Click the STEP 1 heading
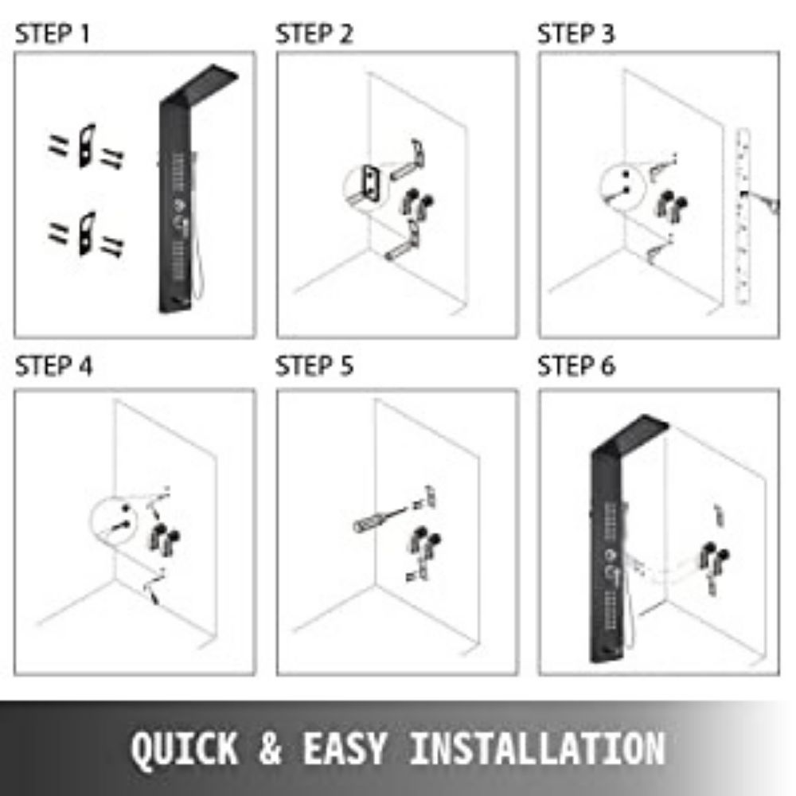pyautogui.click(x=53, y=34)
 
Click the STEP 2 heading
pyautogui.click(x=314, y=34)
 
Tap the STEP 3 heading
pyautogui.click(x=576, y=34)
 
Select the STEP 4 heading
pyautogui.click(x=54, y=366)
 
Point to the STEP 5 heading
pyautogui.click(x=314, y=366)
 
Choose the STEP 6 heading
pyautogui.click(x=576, y=366)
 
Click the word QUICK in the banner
pyautogui.click(x=185, y=748)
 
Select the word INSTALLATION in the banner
pyautogui.click(x=537, y=748)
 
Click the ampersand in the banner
pyautogui.click(x=270, y=748)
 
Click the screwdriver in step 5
pyautogui.click(x=380, y=519)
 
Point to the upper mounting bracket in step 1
pyautogui.click(x=87, y=146)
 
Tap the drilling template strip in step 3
pyautogui.click(x=743, y=217)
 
